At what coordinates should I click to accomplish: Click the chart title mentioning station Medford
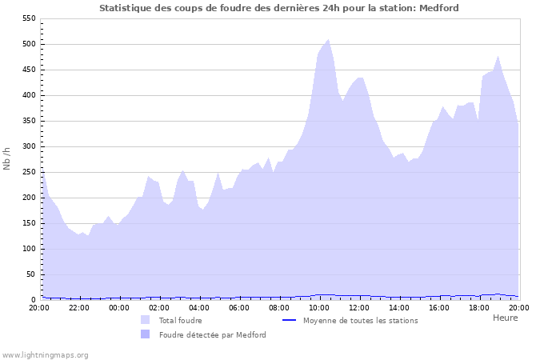click(x=279, y=7)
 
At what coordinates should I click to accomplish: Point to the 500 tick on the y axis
click(x=29, y=44)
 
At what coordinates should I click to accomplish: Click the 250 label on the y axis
click(x=29, y=172)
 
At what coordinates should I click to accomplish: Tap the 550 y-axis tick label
click(x=29, y=18)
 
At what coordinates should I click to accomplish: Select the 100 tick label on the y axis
click(x=29, y=249)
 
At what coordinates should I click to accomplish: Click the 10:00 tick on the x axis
click(x=319, y=307)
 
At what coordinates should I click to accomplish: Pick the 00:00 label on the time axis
click(x=119, y=307)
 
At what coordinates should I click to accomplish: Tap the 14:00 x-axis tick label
click(x=399, y=307)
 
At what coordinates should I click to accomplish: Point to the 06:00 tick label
click(x=239, y=307)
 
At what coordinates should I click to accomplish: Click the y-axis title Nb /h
click(x=7, y=158)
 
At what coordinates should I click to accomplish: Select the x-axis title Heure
click(x=505, y=318)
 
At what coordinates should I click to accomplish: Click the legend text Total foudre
click(x=180, y=320)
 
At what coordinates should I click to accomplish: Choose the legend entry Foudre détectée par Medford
click(x=212, y=334)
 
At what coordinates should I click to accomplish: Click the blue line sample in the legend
click(x=289, y=320)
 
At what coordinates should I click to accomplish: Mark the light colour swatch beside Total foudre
click(x=145, y=320)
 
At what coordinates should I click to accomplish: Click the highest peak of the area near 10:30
click(x=328, y=39)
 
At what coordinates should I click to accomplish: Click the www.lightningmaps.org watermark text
click(x=45, y=354)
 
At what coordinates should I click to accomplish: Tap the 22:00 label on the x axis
click(x=79, y=307)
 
